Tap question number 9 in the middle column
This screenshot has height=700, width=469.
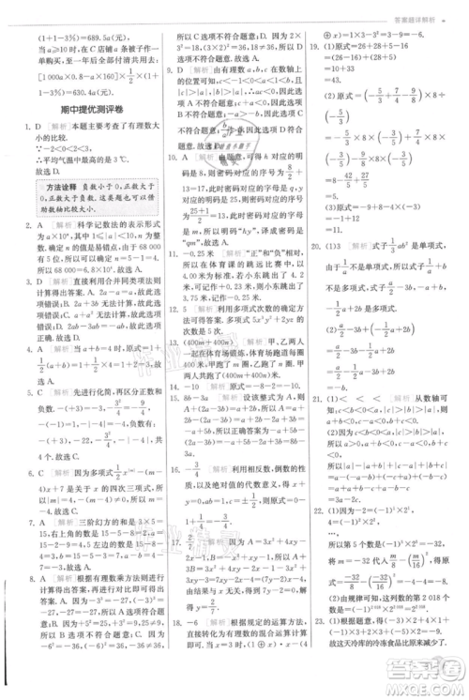click(x=169, y=68)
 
